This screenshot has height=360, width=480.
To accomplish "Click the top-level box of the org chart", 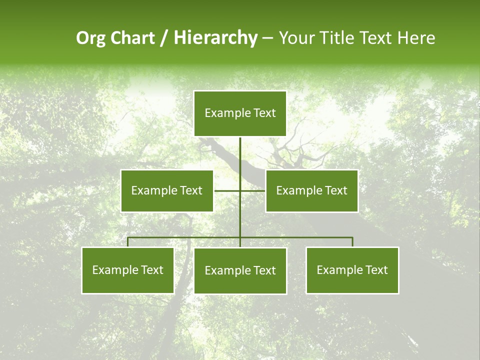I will pos(240,113).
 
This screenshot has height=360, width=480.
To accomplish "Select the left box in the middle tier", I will pos(167,190).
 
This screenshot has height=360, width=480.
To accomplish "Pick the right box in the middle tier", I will pos(311,190).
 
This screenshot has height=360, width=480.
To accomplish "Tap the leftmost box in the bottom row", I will pos(128,270).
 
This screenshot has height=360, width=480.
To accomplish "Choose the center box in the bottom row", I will pos(240,270).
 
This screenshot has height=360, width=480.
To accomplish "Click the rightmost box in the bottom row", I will pos(352,270).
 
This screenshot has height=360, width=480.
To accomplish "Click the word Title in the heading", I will pos(336,38).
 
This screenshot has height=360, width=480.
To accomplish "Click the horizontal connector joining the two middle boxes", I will pos(227,190).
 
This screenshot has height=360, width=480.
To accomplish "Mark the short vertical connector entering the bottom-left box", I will pos(128,242).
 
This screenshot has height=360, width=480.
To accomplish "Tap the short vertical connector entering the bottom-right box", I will pos(352,242).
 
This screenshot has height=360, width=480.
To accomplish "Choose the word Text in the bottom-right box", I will pos(376,270).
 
